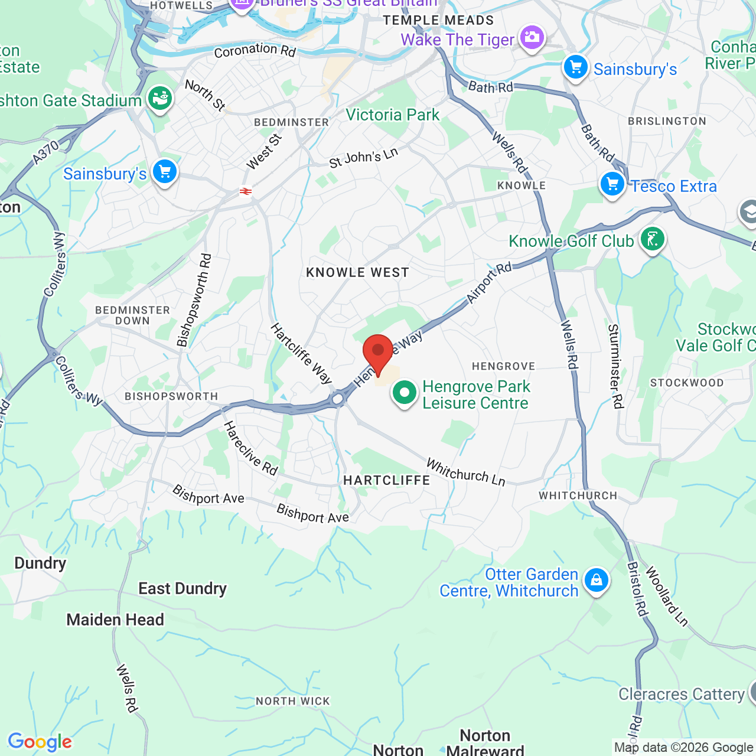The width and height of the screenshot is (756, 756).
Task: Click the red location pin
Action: click(378, 353)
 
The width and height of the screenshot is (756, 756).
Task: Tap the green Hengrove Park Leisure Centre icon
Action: click(405, 393)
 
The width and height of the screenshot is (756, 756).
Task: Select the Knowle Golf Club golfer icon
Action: click(653, 240)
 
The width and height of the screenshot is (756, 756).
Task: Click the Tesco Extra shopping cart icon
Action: click(612, 184)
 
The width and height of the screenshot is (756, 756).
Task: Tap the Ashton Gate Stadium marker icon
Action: click(159, 99)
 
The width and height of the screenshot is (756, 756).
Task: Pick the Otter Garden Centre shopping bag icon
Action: click(597, 581)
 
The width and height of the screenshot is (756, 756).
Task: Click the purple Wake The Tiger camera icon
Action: click(532, 38)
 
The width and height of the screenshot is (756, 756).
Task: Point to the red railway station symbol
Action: click(246, 191)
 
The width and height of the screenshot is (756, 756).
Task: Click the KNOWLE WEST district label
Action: click(357, 272)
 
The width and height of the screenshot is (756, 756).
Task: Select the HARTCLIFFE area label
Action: click(387, 480)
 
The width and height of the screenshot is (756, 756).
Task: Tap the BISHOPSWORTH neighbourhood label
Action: click(171, 396)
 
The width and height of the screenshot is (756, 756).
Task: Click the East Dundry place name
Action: click(183, 589)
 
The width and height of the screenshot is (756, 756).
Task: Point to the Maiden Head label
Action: click(115, 620)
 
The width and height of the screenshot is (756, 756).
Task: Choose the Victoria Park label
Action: click(393, 115)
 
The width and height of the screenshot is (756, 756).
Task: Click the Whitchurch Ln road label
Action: click(466, 472)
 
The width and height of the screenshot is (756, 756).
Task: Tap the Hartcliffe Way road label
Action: click(302, 353)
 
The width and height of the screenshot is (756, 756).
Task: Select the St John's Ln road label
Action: click(364, 158)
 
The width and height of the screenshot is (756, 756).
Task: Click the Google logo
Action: click(40, 742)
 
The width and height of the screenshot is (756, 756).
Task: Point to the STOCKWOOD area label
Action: click(687, 383)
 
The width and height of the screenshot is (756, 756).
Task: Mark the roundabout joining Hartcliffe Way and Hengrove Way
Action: click(338, 399)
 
